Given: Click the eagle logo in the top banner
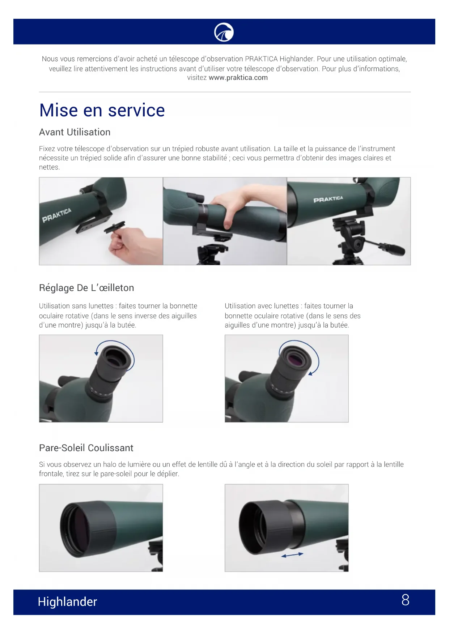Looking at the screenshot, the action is point(224,32).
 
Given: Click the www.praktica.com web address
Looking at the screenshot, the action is point(238,77).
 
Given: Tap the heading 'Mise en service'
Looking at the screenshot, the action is point(102,110).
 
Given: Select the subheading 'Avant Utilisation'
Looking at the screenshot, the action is point(75,132).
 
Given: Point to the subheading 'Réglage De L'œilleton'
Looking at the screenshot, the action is point(86,288).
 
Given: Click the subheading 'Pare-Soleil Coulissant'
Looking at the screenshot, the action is point(86,448).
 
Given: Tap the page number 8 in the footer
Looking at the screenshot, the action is point(406,600).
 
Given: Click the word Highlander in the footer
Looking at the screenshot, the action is point(67,601).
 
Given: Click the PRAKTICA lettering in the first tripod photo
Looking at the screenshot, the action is point(56,215).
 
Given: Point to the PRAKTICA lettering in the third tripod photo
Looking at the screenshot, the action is point(328,199).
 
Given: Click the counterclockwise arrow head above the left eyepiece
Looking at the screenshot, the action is point(96,353).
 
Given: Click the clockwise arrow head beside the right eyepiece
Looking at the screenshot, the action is point(310,373).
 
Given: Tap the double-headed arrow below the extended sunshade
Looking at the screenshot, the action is point(292,555).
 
